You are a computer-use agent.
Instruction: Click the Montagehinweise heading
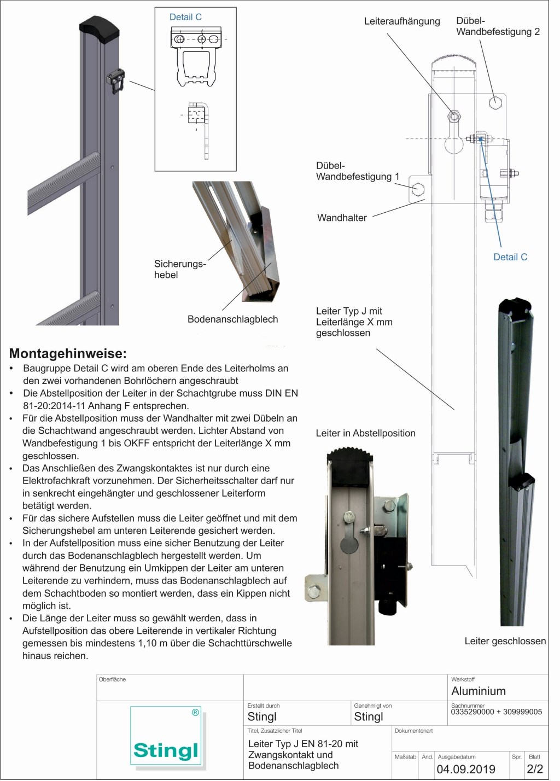tap(68, 353)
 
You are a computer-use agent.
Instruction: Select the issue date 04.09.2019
tap(466, 769)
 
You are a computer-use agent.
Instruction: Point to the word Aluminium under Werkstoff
tap(479, 691)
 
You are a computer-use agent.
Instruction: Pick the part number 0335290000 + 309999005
tap(497, 712)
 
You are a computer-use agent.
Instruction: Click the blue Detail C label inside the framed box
tap(185, 17)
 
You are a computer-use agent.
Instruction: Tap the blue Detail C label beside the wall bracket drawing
tap(510, 257)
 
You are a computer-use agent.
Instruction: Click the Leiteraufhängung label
tap(402, 21)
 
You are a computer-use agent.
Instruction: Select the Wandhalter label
tap(342, 218)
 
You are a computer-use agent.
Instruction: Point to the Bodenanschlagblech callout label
tap(232, 319)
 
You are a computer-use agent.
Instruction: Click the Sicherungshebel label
tap(179, 269)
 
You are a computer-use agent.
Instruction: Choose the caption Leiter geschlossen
tap(505, 641)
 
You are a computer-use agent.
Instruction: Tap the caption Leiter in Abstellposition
tap(365, 433)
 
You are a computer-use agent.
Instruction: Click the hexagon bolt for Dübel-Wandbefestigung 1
tap(418, 189)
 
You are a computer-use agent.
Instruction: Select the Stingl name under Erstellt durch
tap(262, 717)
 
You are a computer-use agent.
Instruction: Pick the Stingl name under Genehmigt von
tap(369, 717)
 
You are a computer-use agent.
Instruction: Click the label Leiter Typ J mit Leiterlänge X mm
tap(354, 322)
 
